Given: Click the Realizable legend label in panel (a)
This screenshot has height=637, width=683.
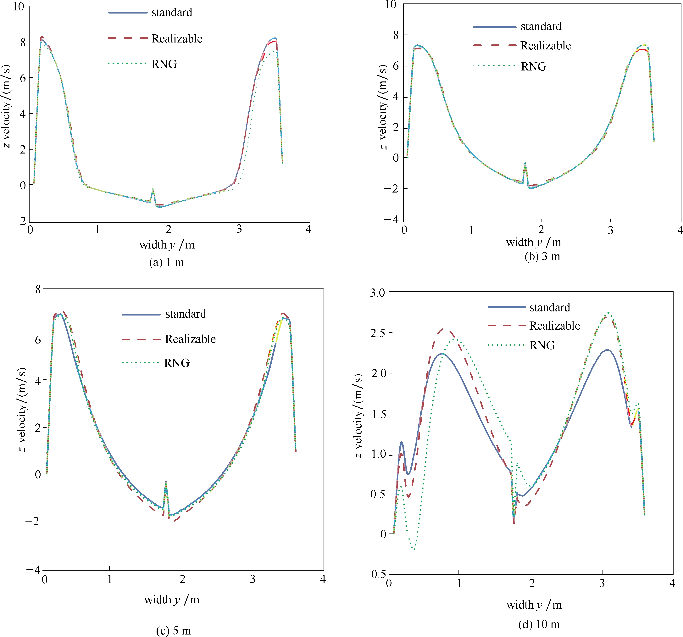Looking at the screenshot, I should (x=177, y=38).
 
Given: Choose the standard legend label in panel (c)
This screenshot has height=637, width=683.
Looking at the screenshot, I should (x=186, y=314).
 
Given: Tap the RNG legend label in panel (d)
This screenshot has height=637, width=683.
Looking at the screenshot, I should (x=542, y=345).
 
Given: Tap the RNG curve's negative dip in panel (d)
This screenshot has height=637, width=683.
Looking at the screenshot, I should (x=415, y=549).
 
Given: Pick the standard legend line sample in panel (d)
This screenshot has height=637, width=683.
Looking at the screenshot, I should (x=506, y=307).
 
